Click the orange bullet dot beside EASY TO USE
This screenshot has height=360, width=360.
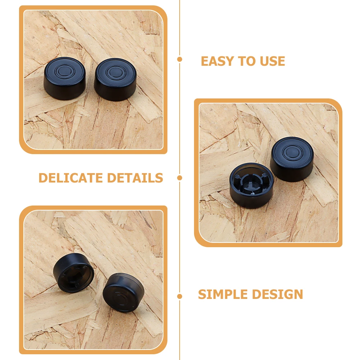[180, 59]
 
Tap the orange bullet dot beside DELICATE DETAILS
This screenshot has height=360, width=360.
[180, 177]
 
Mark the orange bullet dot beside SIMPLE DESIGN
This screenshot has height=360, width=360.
[180, 296]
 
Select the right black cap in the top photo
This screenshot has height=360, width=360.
[115, 79]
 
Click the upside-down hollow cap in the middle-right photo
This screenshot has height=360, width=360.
[251, 185]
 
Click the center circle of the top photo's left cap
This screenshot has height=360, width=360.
[65, 70]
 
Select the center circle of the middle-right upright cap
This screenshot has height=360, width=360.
[292, 151]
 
